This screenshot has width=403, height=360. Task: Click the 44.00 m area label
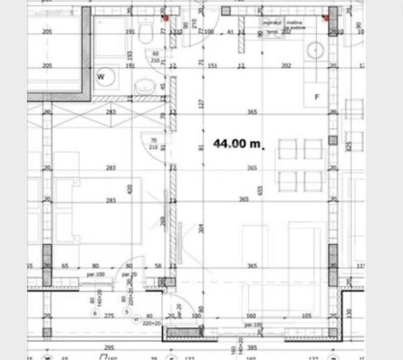coord(237,143)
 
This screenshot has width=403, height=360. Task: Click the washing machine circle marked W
coord(105,77)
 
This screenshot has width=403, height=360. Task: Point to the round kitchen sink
coord(316,50)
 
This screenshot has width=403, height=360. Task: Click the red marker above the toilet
coord(164,18)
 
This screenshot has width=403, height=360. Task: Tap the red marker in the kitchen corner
coord(325,18)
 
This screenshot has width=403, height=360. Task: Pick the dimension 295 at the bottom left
coord(109,348)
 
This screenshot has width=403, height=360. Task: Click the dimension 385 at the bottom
coord(252,348)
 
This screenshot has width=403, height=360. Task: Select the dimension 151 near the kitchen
coord(212,66)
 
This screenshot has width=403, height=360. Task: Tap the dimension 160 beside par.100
coord(251,315)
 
